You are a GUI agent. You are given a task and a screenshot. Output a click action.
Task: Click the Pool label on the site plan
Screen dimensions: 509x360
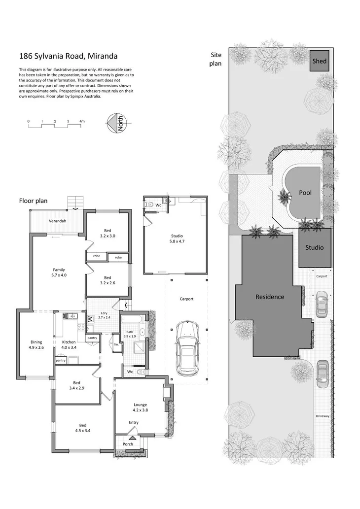(305, 193)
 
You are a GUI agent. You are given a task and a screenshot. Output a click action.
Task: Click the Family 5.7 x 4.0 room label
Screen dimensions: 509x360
(59, 272)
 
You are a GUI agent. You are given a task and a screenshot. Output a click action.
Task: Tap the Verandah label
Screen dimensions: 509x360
(57, 221)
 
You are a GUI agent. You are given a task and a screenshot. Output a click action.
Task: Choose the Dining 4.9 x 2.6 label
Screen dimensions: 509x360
(36, 344)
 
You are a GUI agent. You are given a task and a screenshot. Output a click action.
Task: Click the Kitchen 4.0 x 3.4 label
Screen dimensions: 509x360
(69, 344)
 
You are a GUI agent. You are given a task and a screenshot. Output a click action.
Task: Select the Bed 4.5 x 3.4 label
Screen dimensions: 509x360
(83, 428)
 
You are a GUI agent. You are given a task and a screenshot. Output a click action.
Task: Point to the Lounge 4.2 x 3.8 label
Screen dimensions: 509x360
(141, 407)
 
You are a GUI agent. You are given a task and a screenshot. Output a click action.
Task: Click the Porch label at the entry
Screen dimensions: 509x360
(128, 444)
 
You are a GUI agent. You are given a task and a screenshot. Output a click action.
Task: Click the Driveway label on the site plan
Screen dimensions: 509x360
(323, 416)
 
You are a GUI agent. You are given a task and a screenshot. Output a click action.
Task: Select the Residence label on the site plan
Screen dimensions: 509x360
(270, 297)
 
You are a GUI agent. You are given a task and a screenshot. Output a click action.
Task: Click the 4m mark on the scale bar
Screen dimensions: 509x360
(82, 121)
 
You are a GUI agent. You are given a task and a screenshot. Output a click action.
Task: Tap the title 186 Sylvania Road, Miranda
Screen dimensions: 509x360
(68, 57)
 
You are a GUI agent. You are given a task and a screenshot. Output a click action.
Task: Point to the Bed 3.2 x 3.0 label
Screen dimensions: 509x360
(108, 233)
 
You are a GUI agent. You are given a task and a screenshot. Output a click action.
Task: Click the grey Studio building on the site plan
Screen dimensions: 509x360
(315, 247)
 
